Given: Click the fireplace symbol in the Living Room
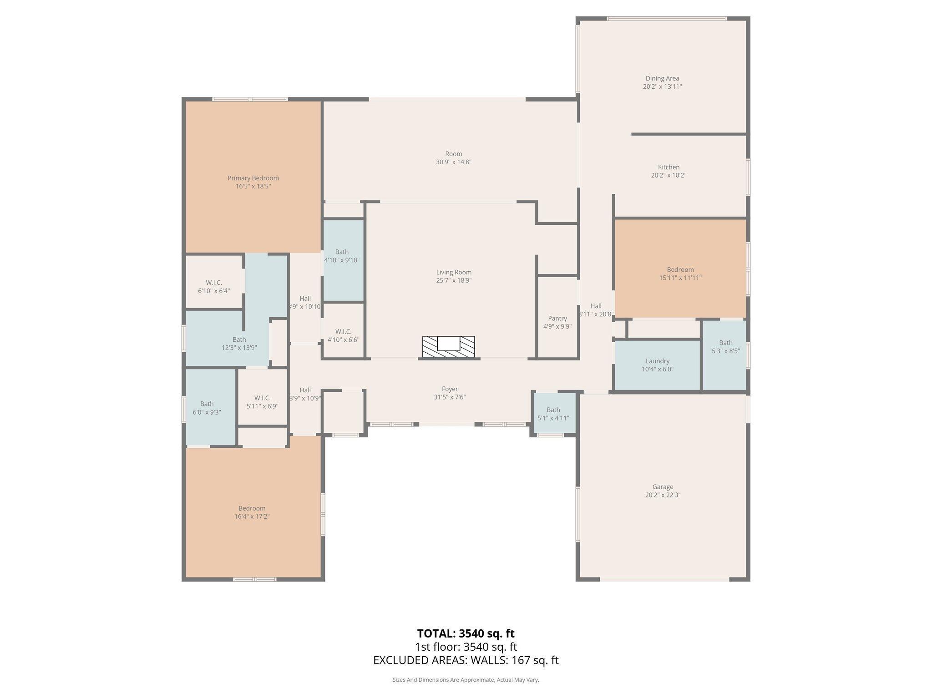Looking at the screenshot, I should (x=448, y=346).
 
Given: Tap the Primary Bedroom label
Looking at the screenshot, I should (x=253, y=178).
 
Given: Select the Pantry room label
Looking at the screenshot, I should (x=557, y=319).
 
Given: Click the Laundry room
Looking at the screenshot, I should (x=657, y=365).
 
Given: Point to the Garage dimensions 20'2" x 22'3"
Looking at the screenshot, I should (x=662, y=495).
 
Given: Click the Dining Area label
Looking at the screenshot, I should (x=662, y=78).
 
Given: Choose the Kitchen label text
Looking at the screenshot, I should (x=669, y=167).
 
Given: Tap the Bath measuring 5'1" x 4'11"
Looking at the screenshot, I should (x=553, y=414).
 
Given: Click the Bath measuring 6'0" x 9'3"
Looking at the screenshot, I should (x=207, y=408).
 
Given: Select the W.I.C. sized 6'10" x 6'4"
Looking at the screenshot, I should (x=213, y=287).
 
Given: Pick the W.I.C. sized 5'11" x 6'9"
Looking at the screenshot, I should (x=262, y=402).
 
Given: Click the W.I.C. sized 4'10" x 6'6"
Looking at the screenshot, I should (x=343, y=335).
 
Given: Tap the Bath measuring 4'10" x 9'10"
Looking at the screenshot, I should (x=342, y=256).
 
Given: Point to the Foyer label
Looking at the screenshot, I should (x=450, y=389).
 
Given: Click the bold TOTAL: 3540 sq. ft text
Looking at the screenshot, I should (x=466, y=633).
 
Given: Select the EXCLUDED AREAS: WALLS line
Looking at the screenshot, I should (x=466, y=660).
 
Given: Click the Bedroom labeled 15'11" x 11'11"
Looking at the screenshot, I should (x=680, y=274).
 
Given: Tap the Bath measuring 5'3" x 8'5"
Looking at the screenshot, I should (x=725, y=347).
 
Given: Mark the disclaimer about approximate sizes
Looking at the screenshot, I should (x=466, y=680).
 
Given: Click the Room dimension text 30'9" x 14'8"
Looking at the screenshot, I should (x=453, y=162).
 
